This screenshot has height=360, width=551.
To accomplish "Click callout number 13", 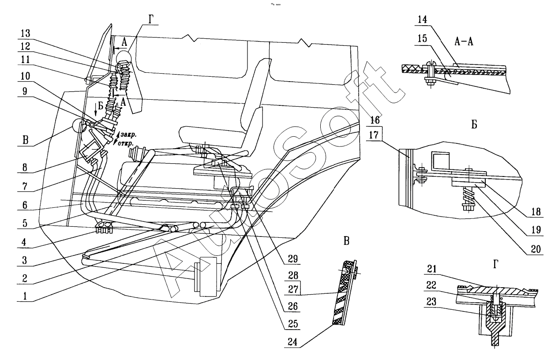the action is point(25,34).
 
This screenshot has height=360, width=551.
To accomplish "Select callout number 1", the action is point(25,296).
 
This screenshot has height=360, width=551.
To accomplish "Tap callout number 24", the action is point(292,342).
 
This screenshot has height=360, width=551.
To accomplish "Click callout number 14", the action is point(422,19).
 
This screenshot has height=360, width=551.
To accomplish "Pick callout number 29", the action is point(293,259).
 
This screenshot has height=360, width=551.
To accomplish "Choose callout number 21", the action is point(431,269).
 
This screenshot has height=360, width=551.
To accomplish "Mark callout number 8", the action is point(25,168).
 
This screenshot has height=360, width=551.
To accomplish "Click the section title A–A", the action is point(464,41).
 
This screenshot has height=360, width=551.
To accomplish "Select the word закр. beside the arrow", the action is point(128,135).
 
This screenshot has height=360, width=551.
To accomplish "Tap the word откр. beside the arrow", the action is point(126,143).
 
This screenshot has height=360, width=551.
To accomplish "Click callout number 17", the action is point(374,135).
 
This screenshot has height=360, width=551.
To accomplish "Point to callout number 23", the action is point(431,302).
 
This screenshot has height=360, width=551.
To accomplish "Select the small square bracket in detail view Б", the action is point(440,161).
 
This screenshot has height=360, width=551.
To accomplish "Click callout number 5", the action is point(25,223).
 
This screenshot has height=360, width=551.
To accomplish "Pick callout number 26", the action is point(293,306).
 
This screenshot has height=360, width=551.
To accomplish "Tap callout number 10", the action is point(25,76).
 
